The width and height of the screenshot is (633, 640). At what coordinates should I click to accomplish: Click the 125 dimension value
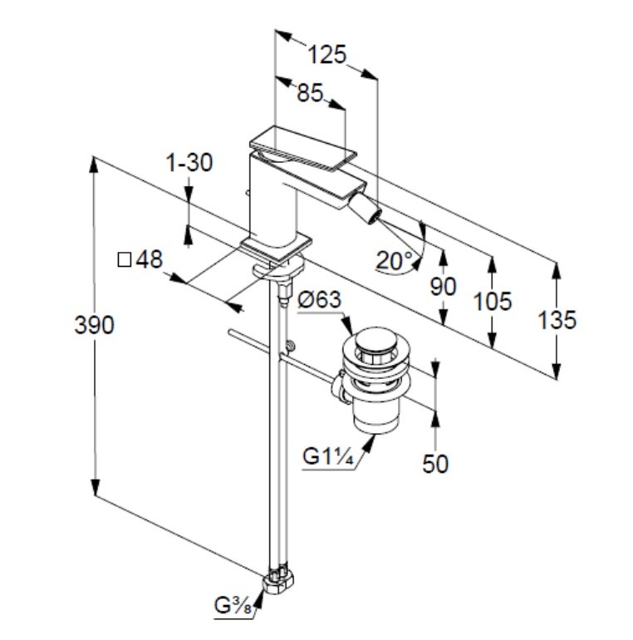326,55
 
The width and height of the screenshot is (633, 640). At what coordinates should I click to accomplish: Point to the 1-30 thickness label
190,163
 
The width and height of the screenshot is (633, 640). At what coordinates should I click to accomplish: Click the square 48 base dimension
140,260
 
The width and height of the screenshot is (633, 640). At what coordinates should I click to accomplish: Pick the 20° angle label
394,261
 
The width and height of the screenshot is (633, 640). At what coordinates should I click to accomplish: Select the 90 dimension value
444,287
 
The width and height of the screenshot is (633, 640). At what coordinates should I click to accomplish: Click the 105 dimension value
492,301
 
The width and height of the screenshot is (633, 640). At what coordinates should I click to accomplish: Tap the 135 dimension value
556,319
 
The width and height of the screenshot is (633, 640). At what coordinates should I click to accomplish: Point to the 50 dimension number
435,464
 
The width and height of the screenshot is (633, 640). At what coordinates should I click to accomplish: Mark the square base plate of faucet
277,246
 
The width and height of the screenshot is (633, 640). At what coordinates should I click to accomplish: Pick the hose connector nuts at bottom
280,579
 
